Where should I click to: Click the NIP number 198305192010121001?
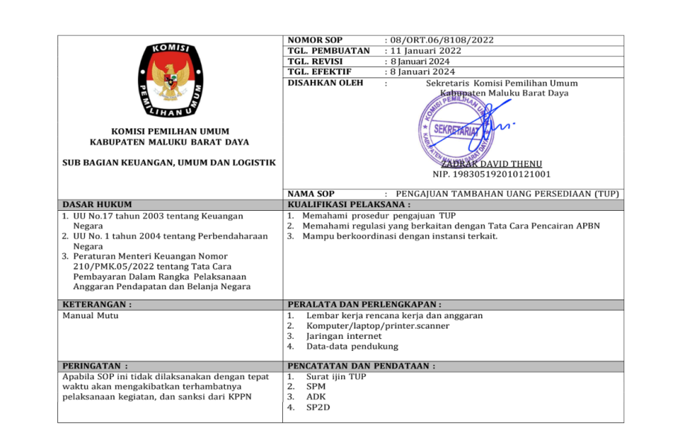tap(492, 174)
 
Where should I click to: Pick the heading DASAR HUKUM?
tap(97, 204)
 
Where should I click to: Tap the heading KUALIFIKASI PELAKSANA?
tap(349, 204)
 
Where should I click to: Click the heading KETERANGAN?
tap(98, 304)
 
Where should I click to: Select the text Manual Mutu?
tap(90, 315)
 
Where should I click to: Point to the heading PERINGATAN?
tap(95, 366)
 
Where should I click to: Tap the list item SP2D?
tap(318, 408)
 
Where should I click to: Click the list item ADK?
tap(316, 397)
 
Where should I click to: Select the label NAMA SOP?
tap(311, 194)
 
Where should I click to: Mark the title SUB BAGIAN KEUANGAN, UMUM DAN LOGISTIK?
tap(169, 162)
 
